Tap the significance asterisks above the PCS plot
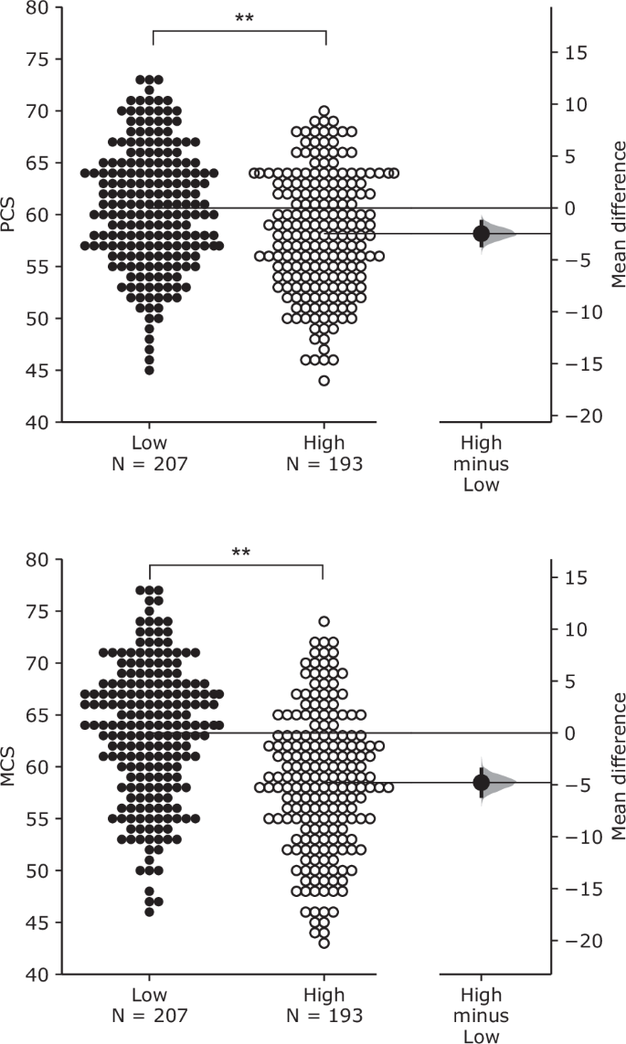pyautogui.click(x=244, y=17)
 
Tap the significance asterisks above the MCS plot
pyautogui.click(x=241, y=552)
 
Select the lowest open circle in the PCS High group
pyautogui.click(x=324, y=381)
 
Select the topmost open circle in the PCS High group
pyautogui.click(x=324, y=111)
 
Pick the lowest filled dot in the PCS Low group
pyautogui.click(x=149, y=370)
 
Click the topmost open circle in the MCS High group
pyautogui.click(x=324, y=622)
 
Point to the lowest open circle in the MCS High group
pyautogui.click(x=324, y=944)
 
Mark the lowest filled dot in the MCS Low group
pyautogui.click(x=149, y=911)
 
